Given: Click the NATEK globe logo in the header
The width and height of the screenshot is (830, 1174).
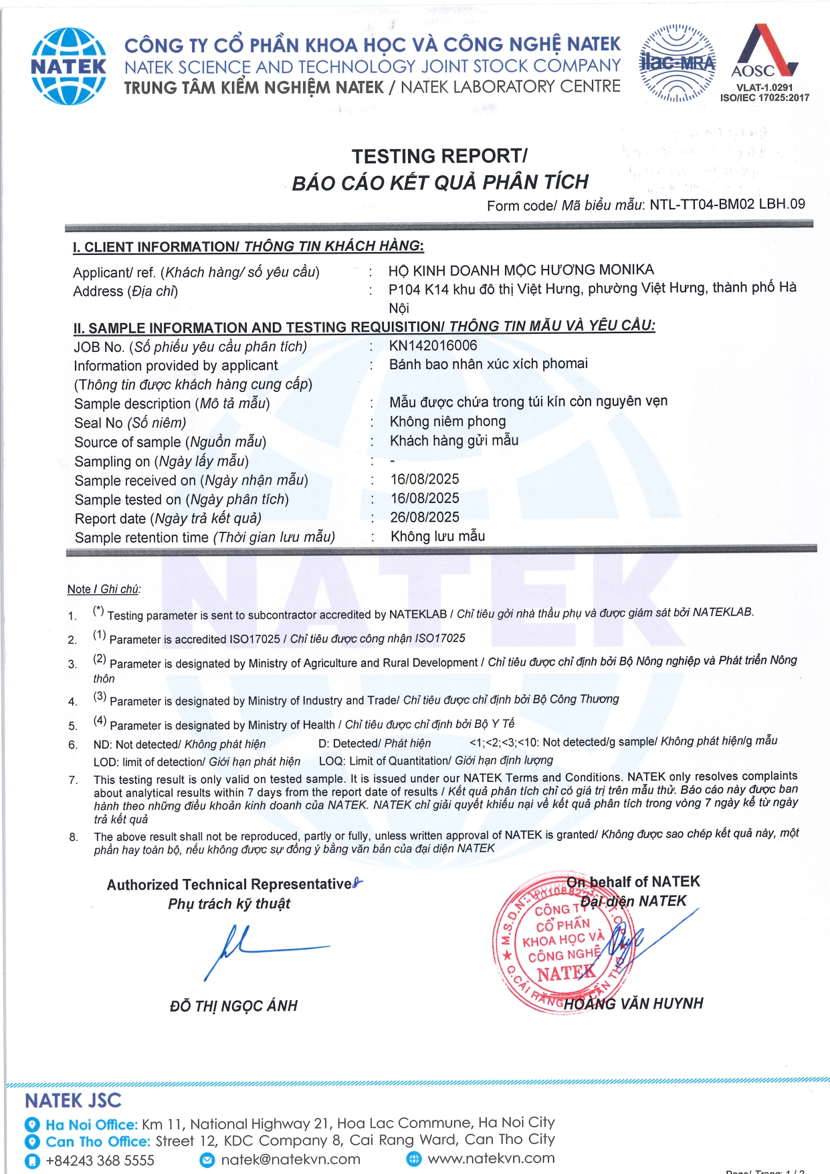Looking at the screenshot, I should (x=68, y=66).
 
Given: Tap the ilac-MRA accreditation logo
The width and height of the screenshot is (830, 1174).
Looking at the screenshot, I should (x=678, y=63).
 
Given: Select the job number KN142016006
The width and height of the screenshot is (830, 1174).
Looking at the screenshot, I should (x=433, y=346).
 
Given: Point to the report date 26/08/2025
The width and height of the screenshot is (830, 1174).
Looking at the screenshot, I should (x=425, y=517).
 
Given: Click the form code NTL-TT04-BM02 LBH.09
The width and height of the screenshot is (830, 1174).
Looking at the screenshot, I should (x=727, y=204).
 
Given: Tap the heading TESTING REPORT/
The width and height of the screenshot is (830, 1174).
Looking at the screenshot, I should (x=439, y=156).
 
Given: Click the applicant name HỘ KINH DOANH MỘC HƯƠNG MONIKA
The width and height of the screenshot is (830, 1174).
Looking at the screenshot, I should (x=521, y=270).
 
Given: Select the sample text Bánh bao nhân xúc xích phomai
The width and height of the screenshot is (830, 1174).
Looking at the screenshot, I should (x=488, y=364).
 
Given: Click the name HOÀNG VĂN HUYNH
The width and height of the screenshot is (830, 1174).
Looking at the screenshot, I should (x=633, y=1003).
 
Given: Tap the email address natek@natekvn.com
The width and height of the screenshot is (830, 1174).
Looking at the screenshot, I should (x=290, y=1159).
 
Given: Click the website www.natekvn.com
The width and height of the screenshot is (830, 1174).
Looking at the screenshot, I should (x=491, y=1159).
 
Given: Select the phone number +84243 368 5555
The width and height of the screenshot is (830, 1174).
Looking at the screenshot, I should (x=100, y=1160).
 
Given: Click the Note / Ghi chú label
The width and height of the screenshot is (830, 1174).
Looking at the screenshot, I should (x=104, y=589).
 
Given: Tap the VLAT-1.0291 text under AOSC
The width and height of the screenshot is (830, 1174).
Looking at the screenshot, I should (x=764, y=88).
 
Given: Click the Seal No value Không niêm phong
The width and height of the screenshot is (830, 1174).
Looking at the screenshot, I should (x=447, y=421).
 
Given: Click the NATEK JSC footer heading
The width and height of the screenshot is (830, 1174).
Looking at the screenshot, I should (x=73, y=1100).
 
